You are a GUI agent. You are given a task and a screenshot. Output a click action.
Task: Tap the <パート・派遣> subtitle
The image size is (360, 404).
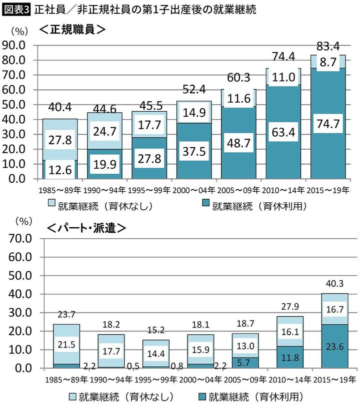click(84, 228)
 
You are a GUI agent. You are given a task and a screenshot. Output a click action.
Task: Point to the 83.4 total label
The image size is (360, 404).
click(328, 48)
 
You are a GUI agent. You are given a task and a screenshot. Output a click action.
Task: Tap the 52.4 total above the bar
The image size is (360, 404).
click(194, 90)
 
